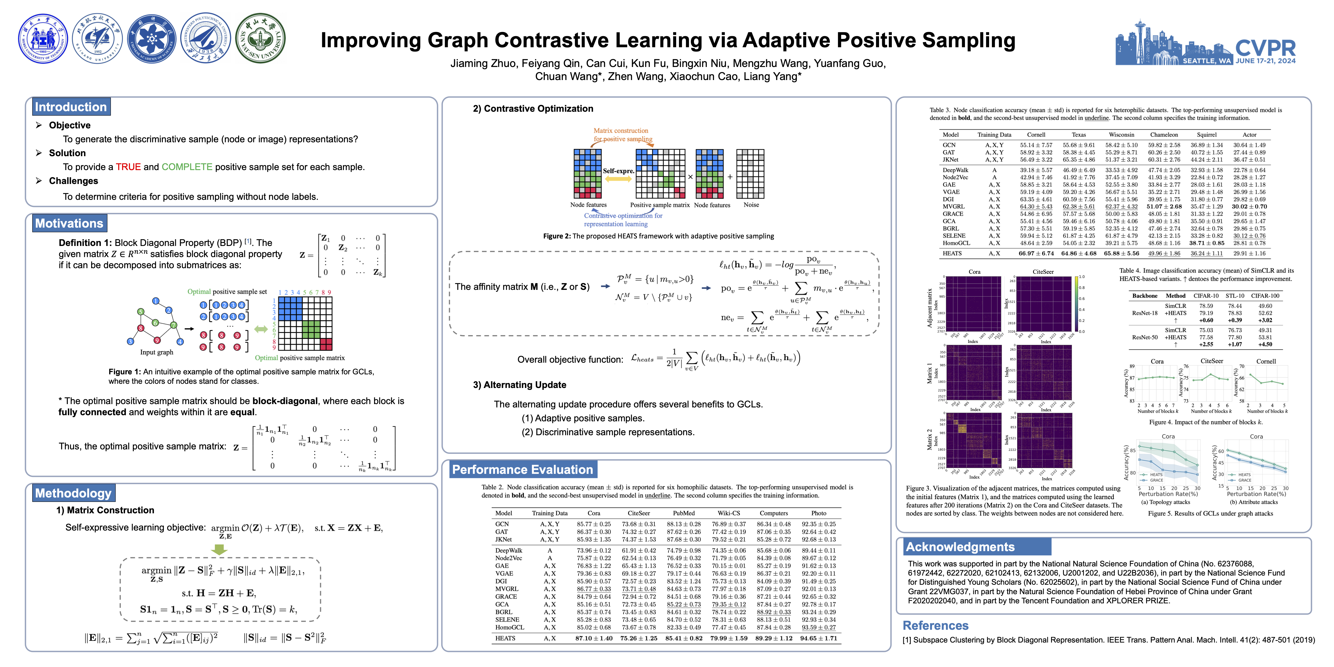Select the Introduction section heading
pyautogui.click(x=70, y=107)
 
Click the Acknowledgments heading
pyautogui.click(x=960, y=547)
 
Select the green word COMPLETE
pyautogui.click(x=187, y=167)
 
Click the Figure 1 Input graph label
pyautogui.click(x=156, y=352)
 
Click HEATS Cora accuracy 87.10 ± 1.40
pyautogui.click(x=593, y=638)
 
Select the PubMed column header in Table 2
pyautogui.click(x=684, y=513)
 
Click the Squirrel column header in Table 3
pyautogui.click(x=1206, y=135)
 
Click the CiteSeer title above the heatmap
pyautogui.click(x=1043, y=272)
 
